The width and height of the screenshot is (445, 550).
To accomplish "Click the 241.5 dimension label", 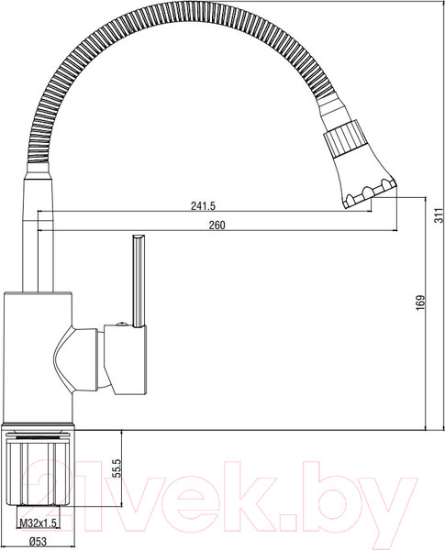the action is (x=203, y=205).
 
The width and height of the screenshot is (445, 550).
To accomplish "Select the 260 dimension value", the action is (x=217, y=225).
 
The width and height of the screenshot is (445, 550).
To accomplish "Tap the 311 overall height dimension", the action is (x=439, y=215).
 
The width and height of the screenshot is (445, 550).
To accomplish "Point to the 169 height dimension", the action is (x=420, y=302).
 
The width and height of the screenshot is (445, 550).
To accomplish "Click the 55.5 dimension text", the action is (x=117, y=467).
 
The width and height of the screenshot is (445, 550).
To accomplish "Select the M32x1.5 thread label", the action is (x=38, y=523).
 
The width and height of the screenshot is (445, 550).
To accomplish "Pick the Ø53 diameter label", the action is (x=37, y=542).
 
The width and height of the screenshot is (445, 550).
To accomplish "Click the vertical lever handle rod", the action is (x=139, y=281).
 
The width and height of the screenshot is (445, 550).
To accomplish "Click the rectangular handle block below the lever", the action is (x=126, y=360).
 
